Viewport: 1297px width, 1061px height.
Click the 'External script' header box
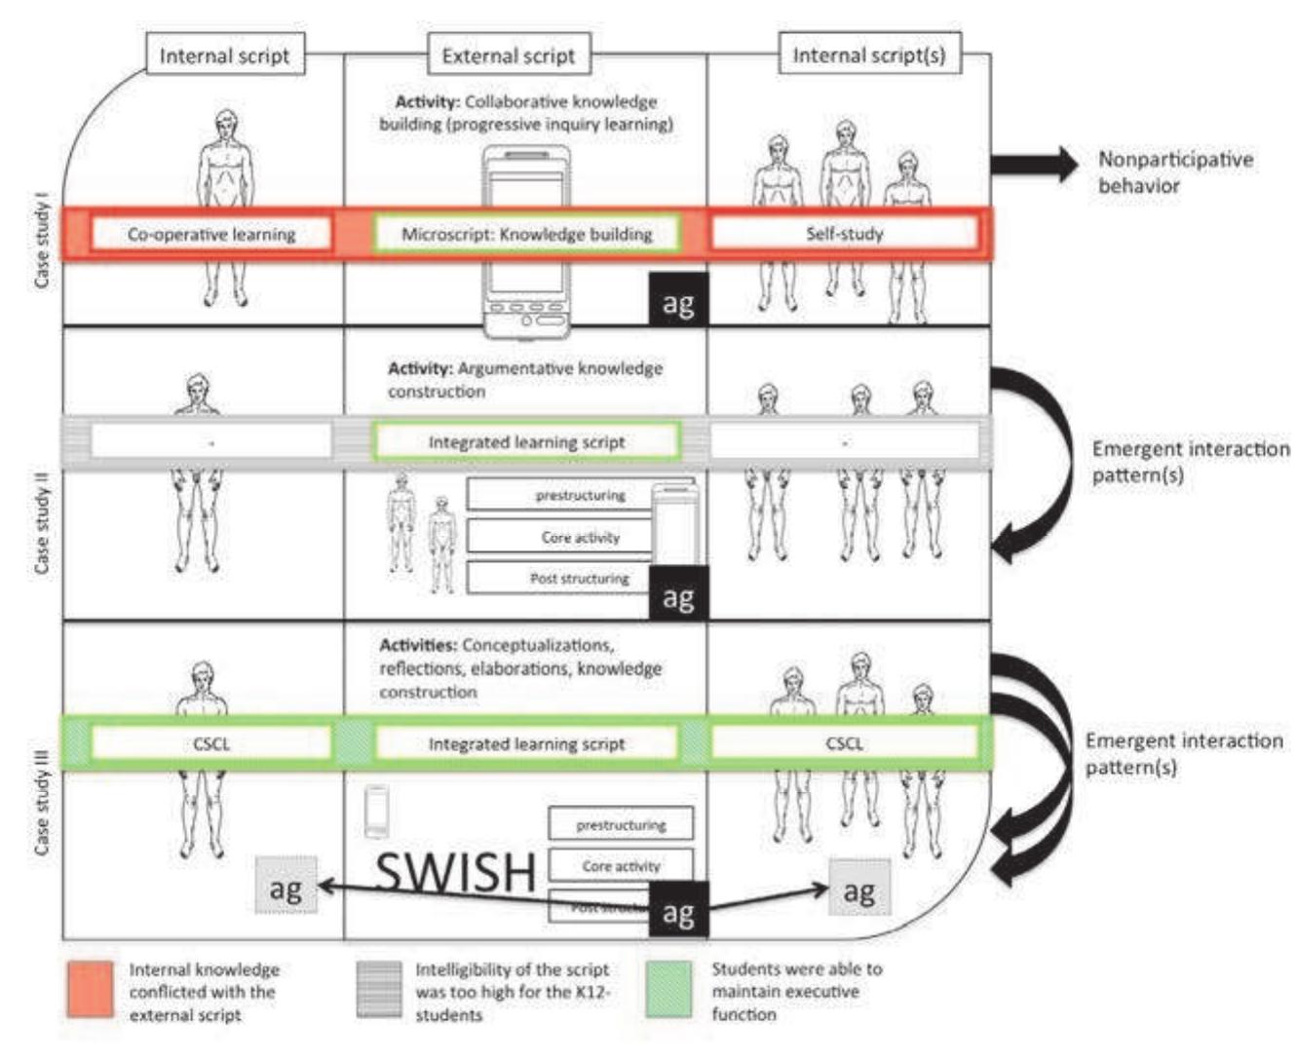click(508, 56)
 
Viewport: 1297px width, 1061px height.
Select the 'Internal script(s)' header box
click(868, 55)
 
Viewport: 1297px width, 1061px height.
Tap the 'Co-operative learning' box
click(210, 234)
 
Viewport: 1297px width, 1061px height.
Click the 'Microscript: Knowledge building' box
click(526, 234)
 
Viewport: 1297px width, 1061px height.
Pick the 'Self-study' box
click(844, 234)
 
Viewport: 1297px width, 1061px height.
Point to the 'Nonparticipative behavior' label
click(1174, 172)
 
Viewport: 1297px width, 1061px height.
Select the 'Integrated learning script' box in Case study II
click(526, 442)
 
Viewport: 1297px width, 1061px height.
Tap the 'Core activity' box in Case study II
click(580, 537)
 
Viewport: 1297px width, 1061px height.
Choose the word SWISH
click(456, 872)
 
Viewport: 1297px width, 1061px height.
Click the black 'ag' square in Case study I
click(678, 302)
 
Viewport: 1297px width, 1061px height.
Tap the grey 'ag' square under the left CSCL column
click(286, 887)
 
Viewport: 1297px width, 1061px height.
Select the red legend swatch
click(90, 990)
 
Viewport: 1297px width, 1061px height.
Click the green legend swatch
click(668, 989)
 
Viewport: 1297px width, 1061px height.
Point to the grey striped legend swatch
click(379, 990)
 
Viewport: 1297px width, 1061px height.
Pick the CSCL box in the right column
click(844, 743)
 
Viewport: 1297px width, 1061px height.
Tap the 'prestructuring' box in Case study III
click(621, 824)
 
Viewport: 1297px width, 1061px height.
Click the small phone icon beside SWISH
click(376, 812)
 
